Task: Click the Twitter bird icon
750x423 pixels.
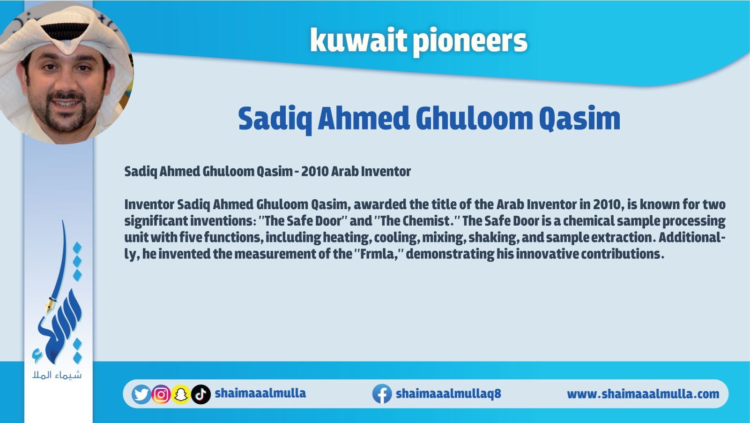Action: (141, 394)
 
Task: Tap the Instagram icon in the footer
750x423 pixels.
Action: (161, 394)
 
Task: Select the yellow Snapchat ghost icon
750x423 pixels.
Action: (181, 394)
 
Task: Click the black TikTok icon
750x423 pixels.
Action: (201, 394)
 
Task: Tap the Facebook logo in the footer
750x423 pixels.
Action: (382, 394)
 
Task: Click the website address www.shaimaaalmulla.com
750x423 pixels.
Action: (643, 394)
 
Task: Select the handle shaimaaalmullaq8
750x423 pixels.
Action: (448, 393)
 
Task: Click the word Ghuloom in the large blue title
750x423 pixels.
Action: (474, 119)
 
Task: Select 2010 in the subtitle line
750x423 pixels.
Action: (315, 171)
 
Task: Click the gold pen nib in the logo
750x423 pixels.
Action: (51, 304)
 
